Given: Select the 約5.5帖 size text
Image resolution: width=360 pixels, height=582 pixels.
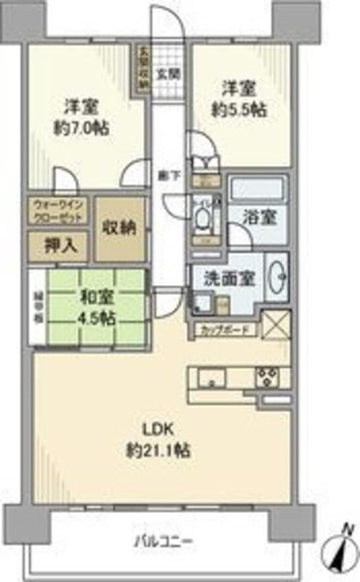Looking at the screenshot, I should (x=239, y=110).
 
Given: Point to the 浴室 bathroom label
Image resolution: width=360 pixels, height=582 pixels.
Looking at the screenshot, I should (x=260, y=218).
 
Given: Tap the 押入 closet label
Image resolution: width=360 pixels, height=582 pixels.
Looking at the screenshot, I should (x=60, y=247).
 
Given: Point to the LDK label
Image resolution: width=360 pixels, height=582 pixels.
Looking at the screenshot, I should (x=158, y=429).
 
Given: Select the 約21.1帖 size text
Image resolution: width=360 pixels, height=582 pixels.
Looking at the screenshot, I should (x=158, y=450).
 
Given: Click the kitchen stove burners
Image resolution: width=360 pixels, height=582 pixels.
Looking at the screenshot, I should (x=267, y=377).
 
